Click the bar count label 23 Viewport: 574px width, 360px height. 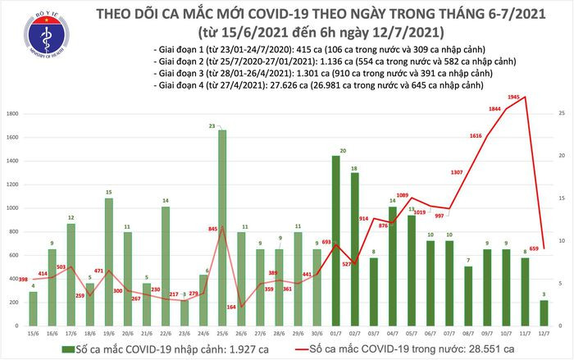tap(212, 125)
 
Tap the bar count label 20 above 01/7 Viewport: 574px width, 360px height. tap(344, 151)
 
